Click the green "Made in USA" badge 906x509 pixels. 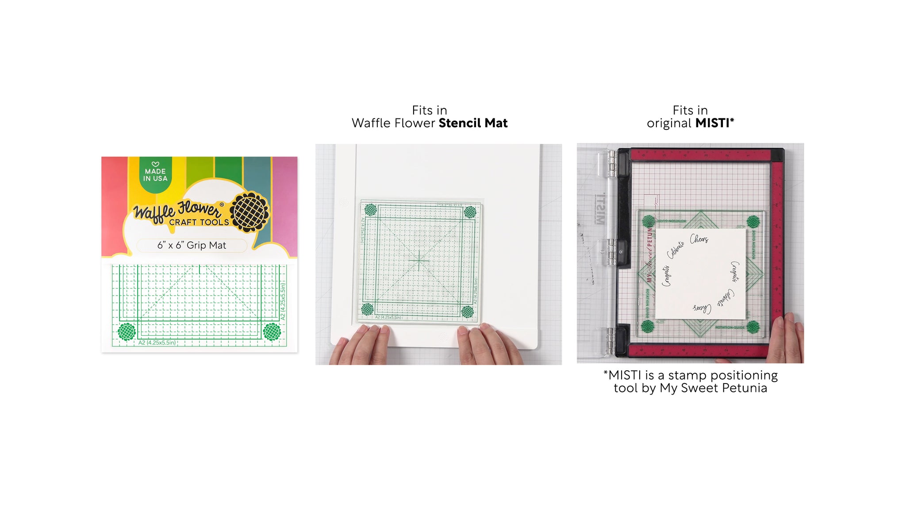pos(155,175)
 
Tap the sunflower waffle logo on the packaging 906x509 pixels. pos(250,212)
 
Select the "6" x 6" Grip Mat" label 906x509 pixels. pos(192,245)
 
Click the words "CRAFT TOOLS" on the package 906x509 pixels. pos(199,222)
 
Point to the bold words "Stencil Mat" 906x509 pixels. pos(473,123)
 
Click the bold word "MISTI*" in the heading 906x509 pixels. pos(714,123)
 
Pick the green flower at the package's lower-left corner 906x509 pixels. pos(127,332)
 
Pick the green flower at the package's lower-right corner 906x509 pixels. pos(272,332)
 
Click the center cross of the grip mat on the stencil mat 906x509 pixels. pos(418,261)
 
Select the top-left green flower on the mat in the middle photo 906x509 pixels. pos(371,210)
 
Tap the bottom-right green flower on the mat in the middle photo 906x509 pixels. pos(468,312)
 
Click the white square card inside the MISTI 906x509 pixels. pos(700,274)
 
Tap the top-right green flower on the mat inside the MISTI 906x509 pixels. pos(753,222)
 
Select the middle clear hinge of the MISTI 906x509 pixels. pos(612,252)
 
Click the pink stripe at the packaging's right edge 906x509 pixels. pos(285,203)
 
